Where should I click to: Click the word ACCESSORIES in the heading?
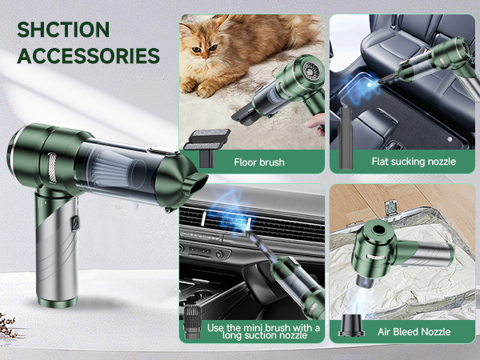(x=88, y=55)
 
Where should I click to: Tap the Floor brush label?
(x=259, y=162)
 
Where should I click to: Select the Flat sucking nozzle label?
(x=414, y=162)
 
